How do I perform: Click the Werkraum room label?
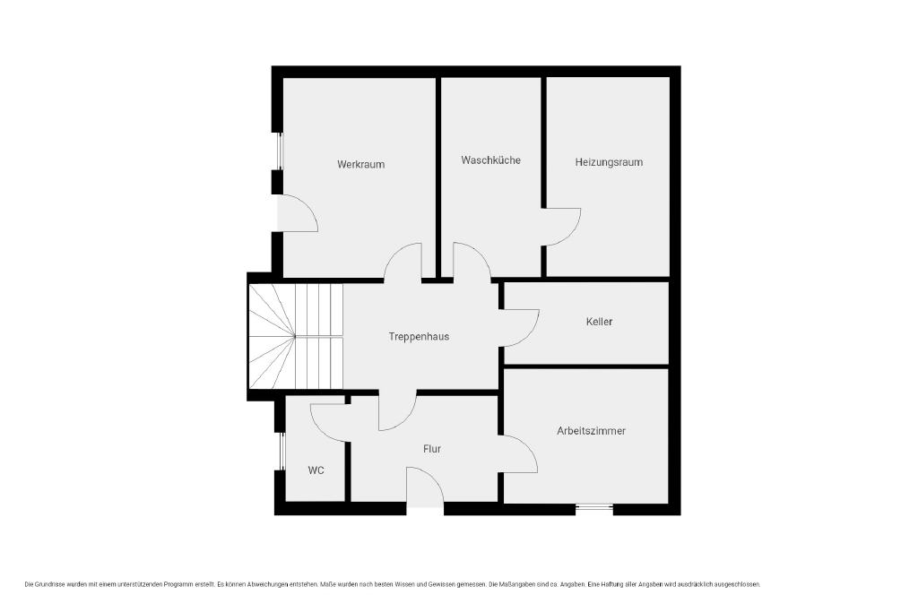[x=360, y=164]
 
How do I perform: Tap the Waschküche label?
[x=490, y=159]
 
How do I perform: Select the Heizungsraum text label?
[x=609, y=162]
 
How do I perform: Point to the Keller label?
[x=599, y=321]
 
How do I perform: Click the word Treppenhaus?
[x=419, y=336]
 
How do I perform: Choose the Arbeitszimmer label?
[x=592, y=431]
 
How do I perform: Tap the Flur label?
[x=432, y=449]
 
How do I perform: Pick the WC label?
[x=316, y=470]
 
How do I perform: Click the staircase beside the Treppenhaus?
[x=296, y=336]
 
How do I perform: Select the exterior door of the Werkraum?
[x=298, y=213]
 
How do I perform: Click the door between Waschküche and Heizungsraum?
[x=562, y=227]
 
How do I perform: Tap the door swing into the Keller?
[x=520, y=328]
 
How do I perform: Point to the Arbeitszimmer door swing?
[x=519, y=454]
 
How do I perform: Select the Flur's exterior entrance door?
[x=426, y=486]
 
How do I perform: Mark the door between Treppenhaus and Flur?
[x=398, y=410]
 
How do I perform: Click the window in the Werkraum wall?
[x=280, y=151]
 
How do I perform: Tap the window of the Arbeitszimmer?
[x=593, y=508]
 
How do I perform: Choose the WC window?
[x=281, y=451]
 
